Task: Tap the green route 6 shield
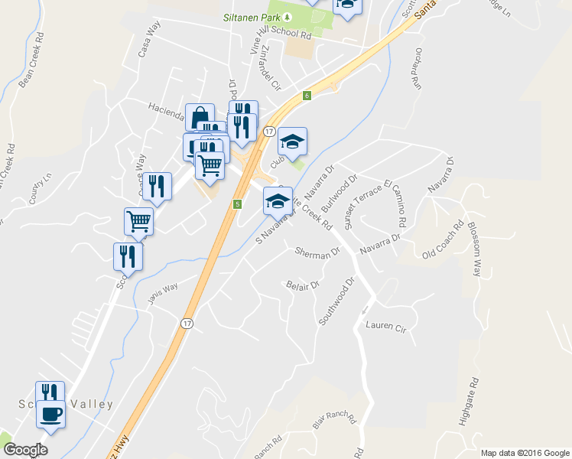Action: pyautogui.click(x=306, y=96)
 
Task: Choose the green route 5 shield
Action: pyautogui.click(x=238, y=204)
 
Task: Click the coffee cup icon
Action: pyautogui.click(x=50, y=415)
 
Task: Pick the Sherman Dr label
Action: pyautogui.click(x=317, y=252)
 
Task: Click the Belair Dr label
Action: pyautogui.click(x=302, y=285)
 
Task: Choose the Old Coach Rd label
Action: pyautogui.click(x=444, y=239)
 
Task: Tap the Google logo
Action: pyautogui.click(x=25, y=449)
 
